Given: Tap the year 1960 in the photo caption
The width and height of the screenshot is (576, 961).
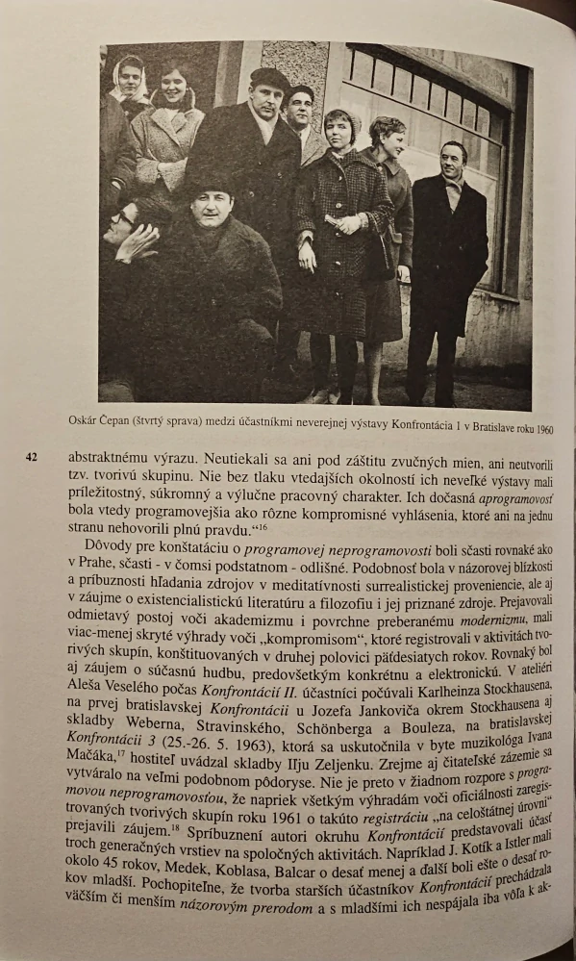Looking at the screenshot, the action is click(x=541, y=428).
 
